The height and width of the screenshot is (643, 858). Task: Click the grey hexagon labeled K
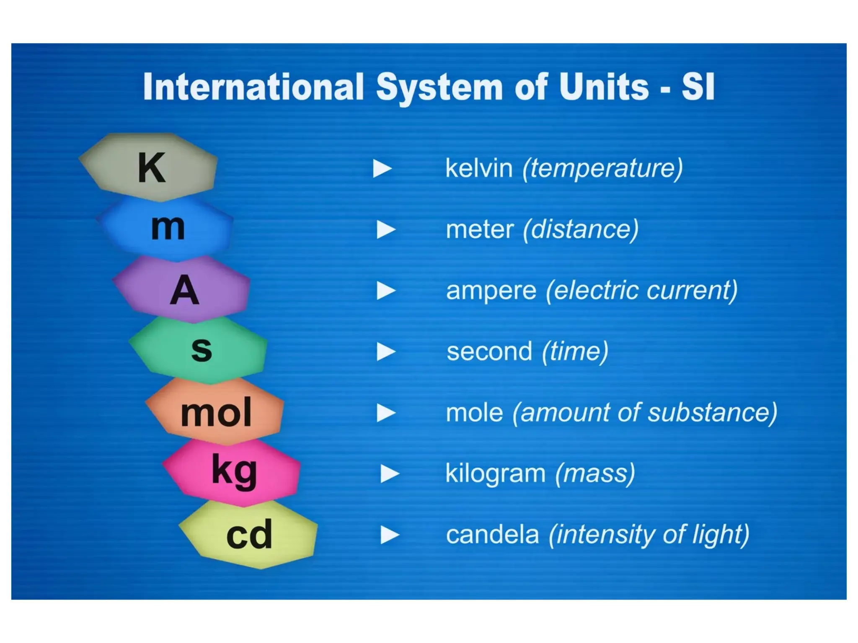[x=149, y=167]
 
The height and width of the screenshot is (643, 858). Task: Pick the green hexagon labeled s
[x=199, y=350]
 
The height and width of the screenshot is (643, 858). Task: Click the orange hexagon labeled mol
[x=215, y=412]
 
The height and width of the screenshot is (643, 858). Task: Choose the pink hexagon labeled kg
[x=233, y=472]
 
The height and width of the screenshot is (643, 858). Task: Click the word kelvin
[x=479, y=168]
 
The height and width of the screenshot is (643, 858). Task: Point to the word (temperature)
[x=602, y=168]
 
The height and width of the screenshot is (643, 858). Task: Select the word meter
[x=480, y=229]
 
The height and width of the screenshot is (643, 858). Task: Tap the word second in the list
[x=489, y=351]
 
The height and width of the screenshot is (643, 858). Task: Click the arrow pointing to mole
[x=385, y=413]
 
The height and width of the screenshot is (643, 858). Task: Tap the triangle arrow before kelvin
[x=382, y=168]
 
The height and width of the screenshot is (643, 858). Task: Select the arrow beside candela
[x=389, y=535]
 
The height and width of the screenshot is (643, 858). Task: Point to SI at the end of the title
[x=698, y=87]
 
